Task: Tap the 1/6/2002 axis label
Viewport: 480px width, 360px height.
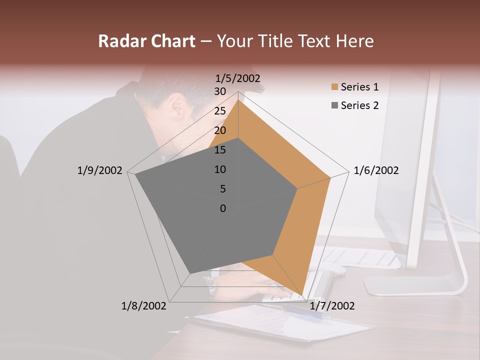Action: click(x=376, y=170)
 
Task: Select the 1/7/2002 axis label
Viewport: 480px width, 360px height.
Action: click(x=332, y=305)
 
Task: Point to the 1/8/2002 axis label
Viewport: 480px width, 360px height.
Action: click(x=144, y=305)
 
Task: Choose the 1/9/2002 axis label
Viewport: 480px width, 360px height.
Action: click(x=99, y=170)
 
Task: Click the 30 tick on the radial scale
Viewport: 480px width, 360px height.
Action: click(x=220, y=91)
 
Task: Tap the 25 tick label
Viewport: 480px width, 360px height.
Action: click(x=220, y=111)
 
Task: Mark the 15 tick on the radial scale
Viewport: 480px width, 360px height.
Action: click(x=220, y=150)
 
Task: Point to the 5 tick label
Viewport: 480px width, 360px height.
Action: click(x=222, y=189)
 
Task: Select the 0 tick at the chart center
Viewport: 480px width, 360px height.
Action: click(x=223, y=208)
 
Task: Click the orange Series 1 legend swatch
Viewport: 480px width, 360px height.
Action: click(x=334, y=87)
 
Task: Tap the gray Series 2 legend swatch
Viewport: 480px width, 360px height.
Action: click(x=334, y=105)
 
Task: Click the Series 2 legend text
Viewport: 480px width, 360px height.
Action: click(x=359, y=105)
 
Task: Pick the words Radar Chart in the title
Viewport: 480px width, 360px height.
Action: click(x=146, y=41)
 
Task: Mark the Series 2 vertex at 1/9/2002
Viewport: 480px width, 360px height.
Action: click(x=135, y=174)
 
